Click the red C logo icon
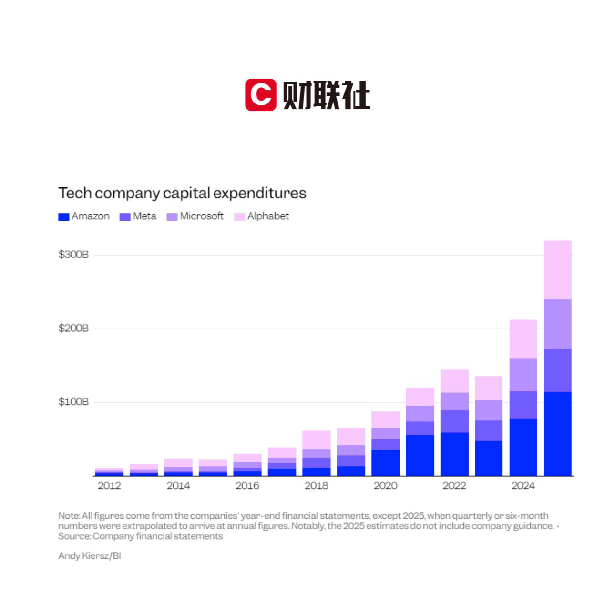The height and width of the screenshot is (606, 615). click(260, 95)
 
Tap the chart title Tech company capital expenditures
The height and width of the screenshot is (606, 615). click(182, 193)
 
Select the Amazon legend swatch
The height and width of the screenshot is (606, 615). click(64, 217)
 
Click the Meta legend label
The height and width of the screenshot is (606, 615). click(144, 216)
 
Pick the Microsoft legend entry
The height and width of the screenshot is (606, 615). click(201, 216)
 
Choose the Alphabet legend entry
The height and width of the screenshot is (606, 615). click(268, 216)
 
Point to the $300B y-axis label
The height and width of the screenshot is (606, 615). click(73, 255)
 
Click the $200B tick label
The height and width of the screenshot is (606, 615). click(73, 329)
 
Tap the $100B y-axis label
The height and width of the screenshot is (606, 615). click(73, 402)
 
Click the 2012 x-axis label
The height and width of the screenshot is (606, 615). click(109, 486)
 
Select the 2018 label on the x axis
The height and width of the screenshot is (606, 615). click(316, 486)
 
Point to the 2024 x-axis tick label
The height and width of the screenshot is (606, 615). click(523, 486)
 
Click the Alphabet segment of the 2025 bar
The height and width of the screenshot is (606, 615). click(557, 270)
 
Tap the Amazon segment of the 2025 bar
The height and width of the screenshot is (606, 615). click(557, 434)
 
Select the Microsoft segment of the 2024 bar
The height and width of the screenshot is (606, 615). click(523, 375)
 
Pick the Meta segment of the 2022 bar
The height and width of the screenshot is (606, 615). click(454, 421)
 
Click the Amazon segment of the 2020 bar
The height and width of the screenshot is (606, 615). click(385, 463)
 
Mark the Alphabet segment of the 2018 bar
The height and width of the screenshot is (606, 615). click(316, 440)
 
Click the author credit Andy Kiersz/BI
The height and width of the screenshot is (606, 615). click(90, 556)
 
